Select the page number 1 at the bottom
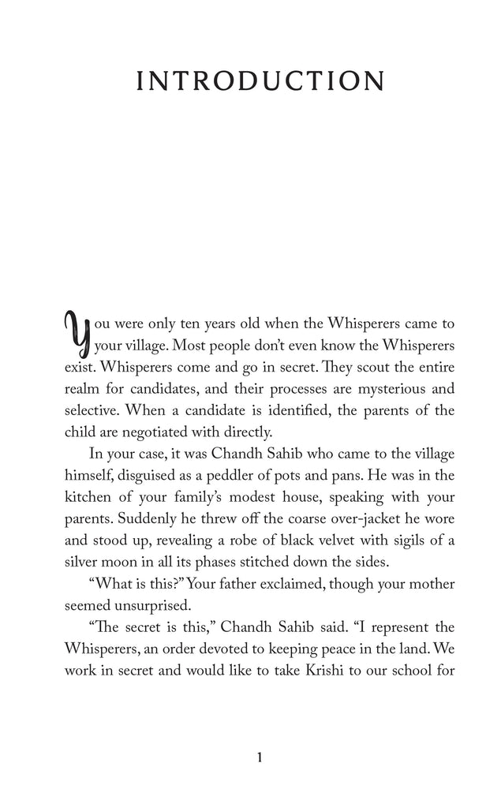(259, 758)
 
